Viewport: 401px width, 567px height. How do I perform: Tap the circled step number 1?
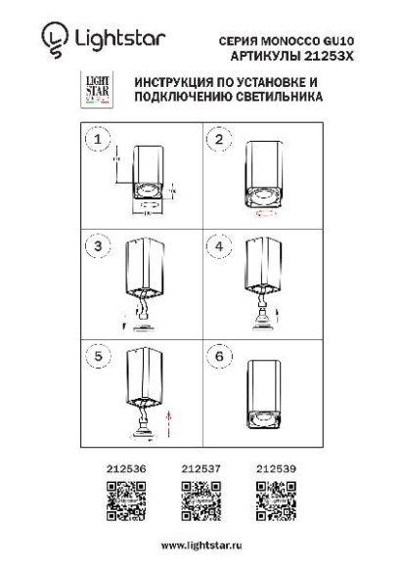96,141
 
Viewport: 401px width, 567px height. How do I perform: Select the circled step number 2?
219,141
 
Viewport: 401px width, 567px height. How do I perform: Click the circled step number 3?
96,245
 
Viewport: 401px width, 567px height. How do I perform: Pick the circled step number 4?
219,245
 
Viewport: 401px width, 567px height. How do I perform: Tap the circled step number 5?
96,357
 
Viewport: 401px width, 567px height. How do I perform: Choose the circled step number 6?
219,357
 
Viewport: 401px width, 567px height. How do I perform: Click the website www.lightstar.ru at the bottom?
200,542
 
